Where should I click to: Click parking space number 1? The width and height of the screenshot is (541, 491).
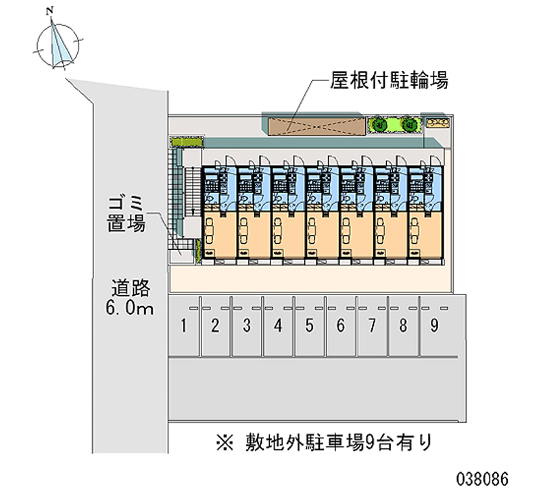(183, 327)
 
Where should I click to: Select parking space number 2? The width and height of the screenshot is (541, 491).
(215, 327)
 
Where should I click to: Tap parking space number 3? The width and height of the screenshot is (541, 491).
(247, 327)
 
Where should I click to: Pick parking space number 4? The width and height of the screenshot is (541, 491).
(278, 327)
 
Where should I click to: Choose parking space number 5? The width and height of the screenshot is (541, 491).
(309, 327)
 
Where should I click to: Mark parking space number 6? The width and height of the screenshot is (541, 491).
(341, 327)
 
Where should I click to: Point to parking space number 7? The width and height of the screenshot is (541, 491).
(372, 327)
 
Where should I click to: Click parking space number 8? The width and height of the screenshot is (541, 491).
(403, 327)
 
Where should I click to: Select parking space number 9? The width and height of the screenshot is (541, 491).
(434, 327)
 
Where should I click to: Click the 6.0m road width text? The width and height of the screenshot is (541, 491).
(132, 309)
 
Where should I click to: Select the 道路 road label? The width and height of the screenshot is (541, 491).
(131, 288)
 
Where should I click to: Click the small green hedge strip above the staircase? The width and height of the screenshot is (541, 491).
(186, 142)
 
